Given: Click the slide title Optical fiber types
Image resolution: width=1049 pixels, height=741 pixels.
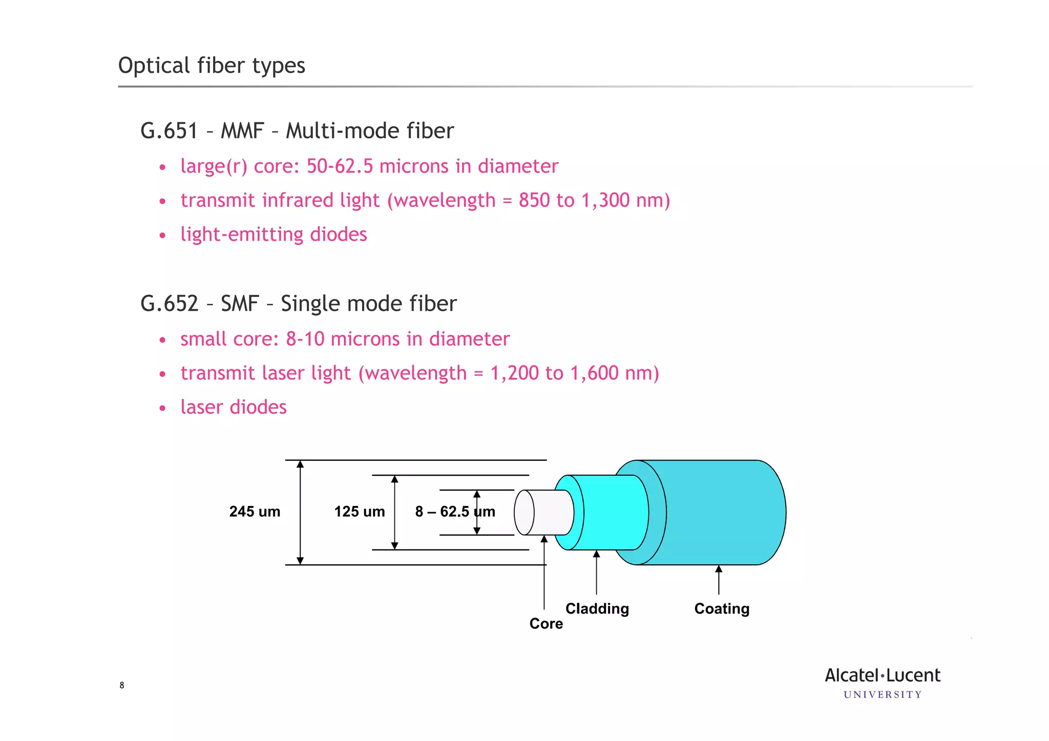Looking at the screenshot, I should pyautogui.click(x=212, y=66).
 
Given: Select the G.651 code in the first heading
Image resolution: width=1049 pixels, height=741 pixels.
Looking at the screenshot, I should pyautogui.click(x=169, y=131).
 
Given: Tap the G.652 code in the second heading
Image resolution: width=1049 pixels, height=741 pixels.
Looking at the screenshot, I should pyautogui.click(x=169, y=303).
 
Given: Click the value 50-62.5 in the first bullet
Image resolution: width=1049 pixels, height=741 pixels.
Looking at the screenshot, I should pyautogui.click(x=340, y=166).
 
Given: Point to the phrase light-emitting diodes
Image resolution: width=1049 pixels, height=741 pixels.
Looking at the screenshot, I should pyautogui.click(x=274, y=235).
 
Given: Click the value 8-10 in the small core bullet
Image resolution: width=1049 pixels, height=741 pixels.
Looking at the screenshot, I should pyautogui.click(x=305, y=339).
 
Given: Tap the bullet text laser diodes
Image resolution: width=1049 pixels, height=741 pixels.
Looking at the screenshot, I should pyautogui.click(x=234, y=407).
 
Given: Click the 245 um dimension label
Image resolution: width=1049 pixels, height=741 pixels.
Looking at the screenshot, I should pyautogui.click(x=255, y=512).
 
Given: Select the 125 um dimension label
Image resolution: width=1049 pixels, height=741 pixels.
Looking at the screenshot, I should pyautogui.click(x=359, y=512).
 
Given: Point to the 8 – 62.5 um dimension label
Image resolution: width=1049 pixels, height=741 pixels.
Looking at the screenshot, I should pyautogui.click(x=455, y=512).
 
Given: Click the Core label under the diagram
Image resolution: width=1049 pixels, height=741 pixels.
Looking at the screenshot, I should pyautogui.click(x=546, y=624).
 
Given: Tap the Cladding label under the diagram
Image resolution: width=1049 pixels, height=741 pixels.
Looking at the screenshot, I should pyautogui.click(x=597, y=609).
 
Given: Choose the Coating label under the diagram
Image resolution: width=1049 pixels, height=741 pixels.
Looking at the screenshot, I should pyautogui.click(x=722, y=609).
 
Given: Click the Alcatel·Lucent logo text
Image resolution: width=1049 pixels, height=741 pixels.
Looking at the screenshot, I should pyautogui.click(x=882, y=675).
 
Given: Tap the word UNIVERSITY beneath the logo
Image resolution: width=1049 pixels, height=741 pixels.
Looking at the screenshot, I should pyautogui.click(x=883, y=695).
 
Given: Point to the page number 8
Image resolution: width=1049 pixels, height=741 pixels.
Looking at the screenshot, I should pyautogui.click(x=122, y=685).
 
